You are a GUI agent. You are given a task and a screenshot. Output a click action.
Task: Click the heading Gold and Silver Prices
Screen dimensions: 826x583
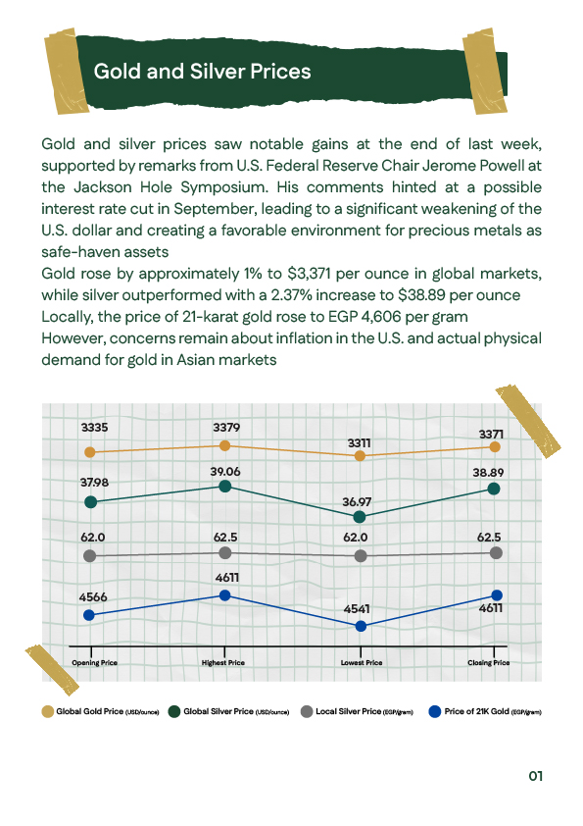click(x=202, y=72)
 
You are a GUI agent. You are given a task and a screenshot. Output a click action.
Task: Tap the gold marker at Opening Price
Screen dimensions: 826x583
click(x=90, y=452)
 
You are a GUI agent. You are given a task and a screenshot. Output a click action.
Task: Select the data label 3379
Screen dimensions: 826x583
click(x=226, y=427)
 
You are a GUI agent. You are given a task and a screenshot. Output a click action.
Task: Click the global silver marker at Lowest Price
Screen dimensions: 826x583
click(x=361, y=516)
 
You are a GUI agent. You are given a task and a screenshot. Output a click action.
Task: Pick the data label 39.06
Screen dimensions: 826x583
click(x=225, y=472)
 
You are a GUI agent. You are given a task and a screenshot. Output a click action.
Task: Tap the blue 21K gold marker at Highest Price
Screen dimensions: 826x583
click(x=225, y=595)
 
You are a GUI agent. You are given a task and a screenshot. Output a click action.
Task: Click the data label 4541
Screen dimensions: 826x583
click(x=362, y=608)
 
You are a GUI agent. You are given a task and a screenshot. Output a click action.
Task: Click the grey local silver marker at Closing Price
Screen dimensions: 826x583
click(x=496, y=553)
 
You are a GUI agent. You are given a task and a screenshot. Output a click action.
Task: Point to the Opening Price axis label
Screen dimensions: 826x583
click(x=94, y=663)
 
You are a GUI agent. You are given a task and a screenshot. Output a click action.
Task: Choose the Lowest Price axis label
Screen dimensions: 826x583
click(x=362, y=663)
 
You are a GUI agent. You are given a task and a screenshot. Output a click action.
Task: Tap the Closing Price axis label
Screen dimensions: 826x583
click(x=489, y=663)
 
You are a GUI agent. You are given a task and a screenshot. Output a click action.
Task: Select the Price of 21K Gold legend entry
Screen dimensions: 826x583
click(x=486, y=711)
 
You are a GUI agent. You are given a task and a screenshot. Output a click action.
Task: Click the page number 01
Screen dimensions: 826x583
click(x=535, y=776)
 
